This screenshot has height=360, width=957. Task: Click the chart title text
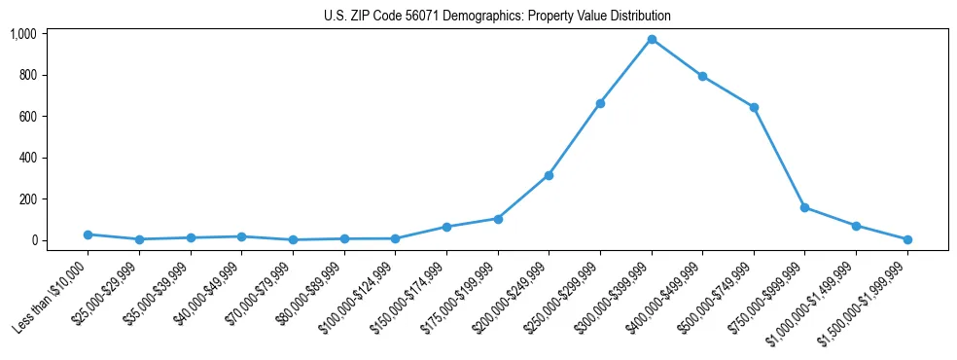[497, 17]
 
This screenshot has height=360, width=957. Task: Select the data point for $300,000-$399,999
[652, 39]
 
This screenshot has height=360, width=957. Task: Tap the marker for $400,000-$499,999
[702, 76]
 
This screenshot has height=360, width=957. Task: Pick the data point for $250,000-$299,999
[600, 103]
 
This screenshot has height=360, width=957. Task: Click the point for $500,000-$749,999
[754, 107]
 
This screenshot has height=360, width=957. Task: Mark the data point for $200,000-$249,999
[549, 175]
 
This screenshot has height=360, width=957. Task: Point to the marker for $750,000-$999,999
[804, 207]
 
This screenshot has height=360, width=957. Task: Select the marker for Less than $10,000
[88, 234]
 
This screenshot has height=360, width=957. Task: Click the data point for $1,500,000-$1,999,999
[907, 239]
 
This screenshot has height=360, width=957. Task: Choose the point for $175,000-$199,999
[498, 219]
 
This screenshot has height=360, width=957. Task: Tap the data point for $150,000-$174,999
[446, 227]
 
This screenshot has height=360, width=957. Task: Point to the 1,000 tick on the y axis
[23, 34]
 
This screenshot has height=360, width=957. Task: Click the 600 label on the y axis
[27, 117]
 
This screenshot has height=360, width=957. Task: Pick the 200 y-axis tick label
[27, 199]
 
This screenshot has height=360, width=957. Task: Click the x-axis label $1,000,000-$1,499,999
[813, 300]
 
